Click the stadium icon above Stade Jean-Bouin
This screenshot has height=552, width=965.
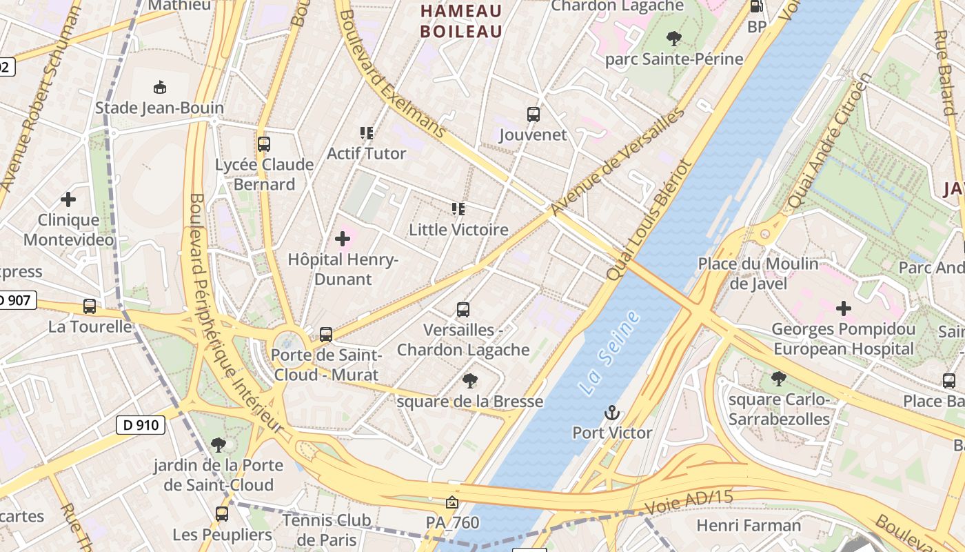tap(160, 87)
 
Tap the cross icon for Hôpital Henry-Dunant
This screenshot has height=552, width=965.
tap(343, 239)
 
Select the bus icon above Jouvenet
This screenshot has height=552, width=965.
tap(533, 115)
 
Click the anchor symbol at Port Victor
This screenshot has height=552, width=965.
tap(611, 413)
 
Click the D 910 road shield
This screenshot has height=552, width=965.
tap(141, 425)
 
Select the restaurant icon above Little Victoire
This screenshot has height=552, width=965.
tap(458, 209)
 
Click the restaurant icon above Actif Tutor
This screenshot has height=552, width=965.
tap(366, 132)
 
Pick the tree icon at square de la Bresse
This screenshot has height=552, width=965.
tap(470, 380)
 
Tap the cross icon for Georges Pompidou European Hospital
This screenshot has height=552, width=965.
tap(843, 308)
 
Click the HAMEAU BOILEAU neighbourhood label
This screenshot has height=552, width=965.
tap(461, 21)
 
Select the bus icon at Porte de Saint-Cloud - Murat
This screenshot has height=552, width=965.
tap(326, 335)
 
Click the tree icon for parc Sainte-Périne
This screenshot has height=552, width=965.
tap(674, 38)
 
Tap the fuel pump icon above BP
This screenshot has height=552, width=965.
tap(756, 7)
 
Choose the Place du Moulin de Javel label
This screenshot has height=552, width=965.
tap(758, 273)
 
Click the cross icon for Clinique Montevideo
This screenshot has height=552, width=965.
tap(68, 200)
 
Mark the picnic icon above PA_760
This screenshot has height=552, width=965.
tap(451, 502)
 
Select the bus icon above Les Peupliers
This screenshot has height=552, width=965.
tap(222, 514)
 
